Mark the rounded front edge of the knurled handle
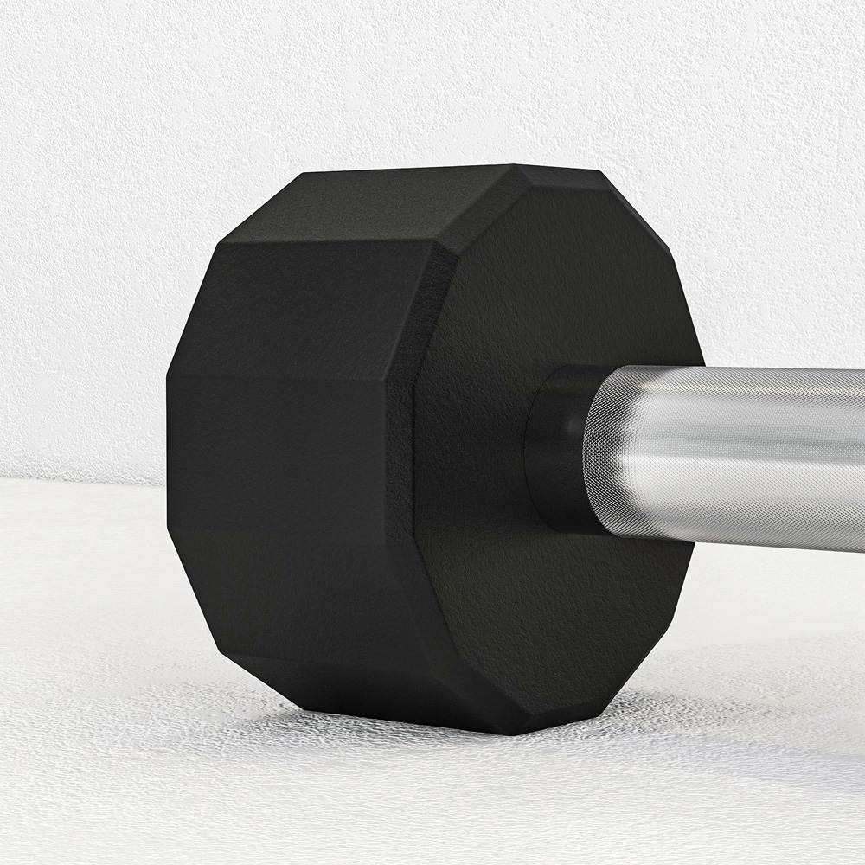coord(597,450)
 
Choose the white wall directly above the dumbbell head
coord(415,86)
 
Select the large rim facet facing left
coord(285,467)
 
